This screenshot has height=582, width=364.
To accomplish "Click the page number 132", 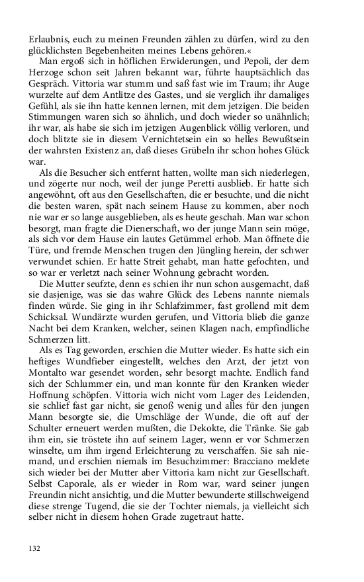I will (x=35, y=547).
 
